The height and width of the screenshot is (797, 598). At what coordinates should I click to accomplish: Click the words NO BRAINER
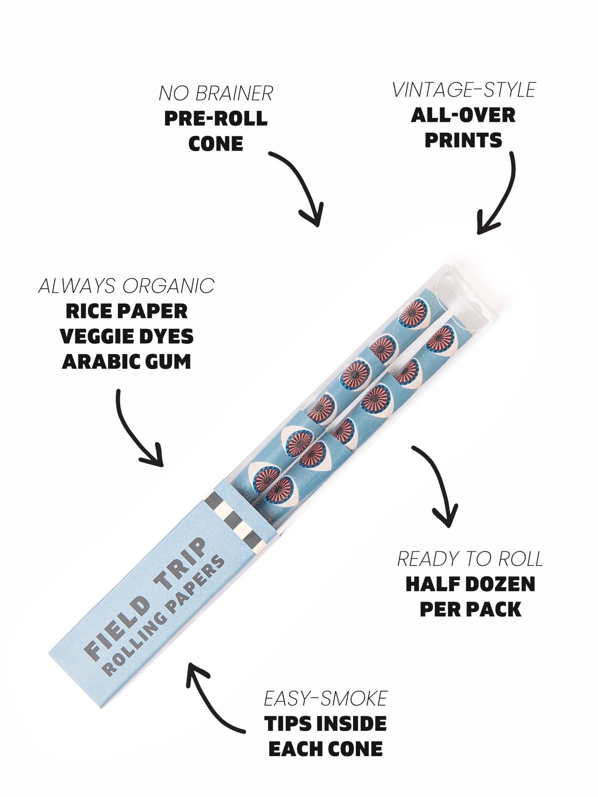click(x=216, y=93)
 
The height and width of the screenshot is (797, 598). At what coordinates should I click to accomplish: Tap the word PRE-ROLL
click(x=216, y=119)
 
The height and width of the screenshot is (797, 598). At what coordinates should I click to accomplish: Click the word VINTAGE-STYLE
click(x=464, y=90)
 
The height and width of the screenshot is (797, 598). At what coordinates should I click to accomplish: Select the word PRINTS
click(x=463, y=141)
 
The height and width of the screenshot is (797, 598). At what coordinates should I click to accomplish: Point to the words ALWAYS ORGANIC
click(x=127, y=286)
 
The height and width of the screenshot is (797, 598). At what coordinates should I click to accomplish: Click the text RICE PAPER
click(x=127, y=311)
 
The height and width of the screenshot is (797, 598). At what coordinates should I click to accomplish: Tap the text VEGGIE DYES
click(x=127, y=337)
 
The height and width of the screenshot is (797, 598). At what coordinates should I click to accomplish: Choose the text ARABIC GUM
click(x=127, y=362)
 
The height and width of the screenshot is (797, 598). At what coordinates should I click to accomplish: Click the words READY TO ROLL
click(x=470, y=559)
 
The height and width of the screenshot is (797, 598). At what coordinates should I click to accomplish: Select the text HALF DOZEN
click(x=470, y=584)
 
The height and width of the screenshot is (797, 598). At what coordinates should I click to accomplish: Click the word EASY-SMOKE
click(x=325, y=699)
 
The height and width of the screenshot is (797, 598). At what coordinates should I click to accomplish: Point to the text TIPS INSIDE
click(x=325, y=724)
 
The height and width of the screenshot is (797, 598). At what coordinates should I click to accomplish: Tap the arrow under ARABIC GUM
click(x=137, y=430)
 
